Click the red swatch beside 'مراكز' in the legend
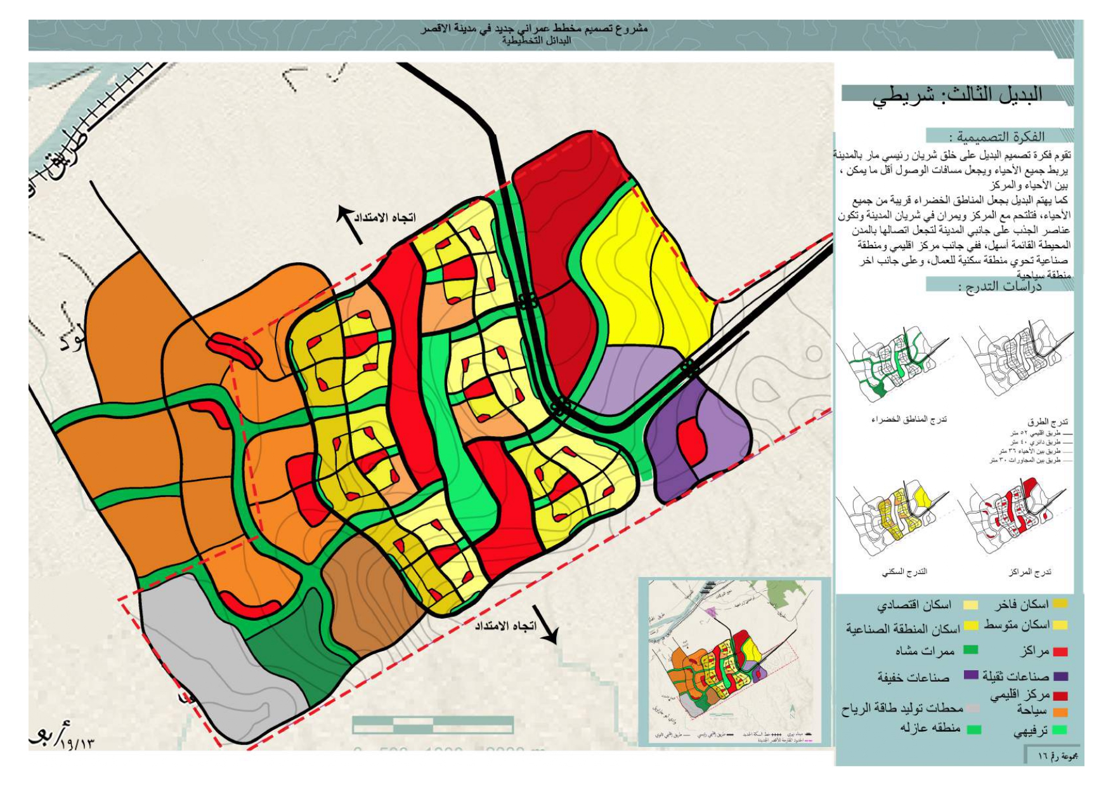[x=1060, y=652]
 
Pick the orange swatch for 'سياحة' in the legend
[x=1060, y=712]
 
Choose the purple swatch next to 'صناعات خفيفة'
[x=971, y=675]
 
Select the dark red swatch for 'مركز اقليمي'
[x=1060, y=696]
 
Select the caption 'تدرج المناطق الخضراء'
[x=909, y=420]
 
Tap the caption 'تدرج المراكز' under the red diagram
[x=1030, y=572]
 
